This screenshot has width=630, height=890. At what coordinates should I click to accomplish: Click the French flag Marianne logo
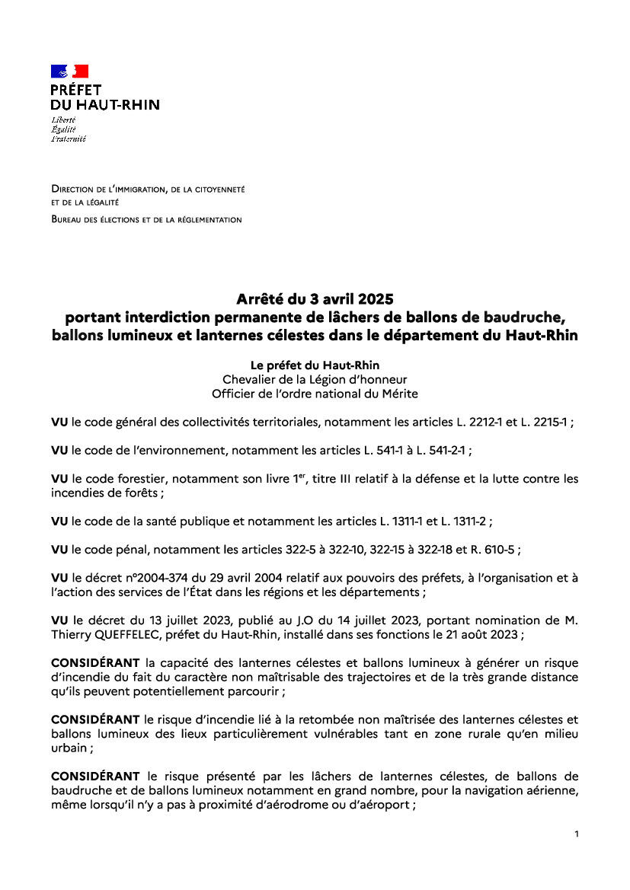(70, 72)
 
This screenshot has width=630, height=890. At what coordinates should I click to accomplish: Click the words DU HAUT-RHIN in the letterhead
(105, 105)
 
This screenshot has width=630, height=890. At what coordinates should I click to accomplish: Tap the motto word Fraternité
(69, 139)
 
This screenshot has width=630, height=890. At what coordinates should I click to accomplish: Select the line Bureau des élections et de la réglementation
(146, 220)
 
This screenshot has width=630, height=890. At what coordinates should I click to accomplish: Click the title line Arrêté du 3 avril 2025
(315, 298)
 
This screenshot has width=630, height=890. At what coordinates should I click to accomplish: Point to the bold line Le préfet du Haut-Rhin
(315, 365)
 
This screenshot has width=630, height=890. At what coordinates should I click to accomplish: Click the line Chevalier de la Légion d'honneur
(315, 379)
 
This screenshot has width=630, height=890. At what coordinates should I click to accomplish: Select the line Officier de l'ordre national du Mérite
(315, 394)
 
